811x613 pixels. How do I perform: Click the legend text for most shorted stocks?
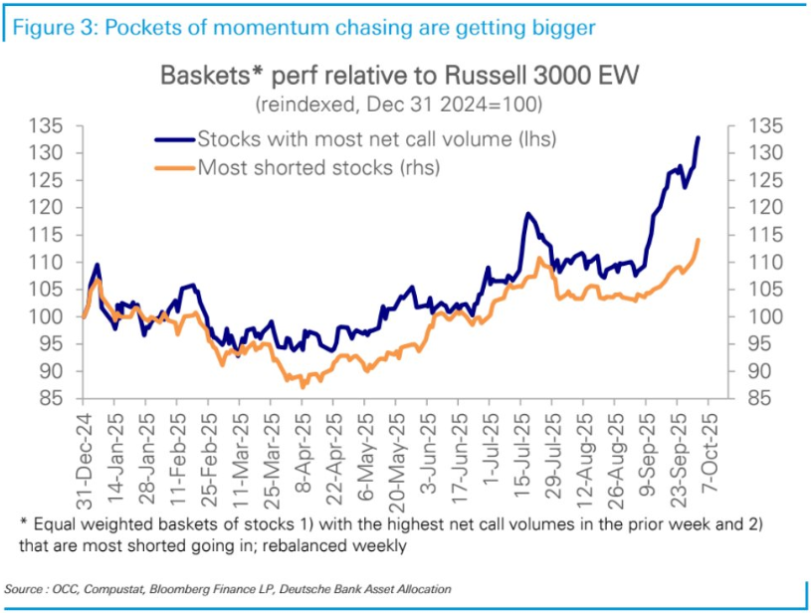[319, 167]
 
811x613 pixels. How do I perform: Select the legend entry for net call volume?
[376, 139]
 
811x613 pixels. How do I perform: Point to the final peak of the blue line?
[699, 137]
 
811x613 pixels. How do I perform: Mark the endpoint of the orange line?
[699, 240]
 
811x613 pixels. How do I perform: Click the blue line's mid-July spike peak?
[527, 214]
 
